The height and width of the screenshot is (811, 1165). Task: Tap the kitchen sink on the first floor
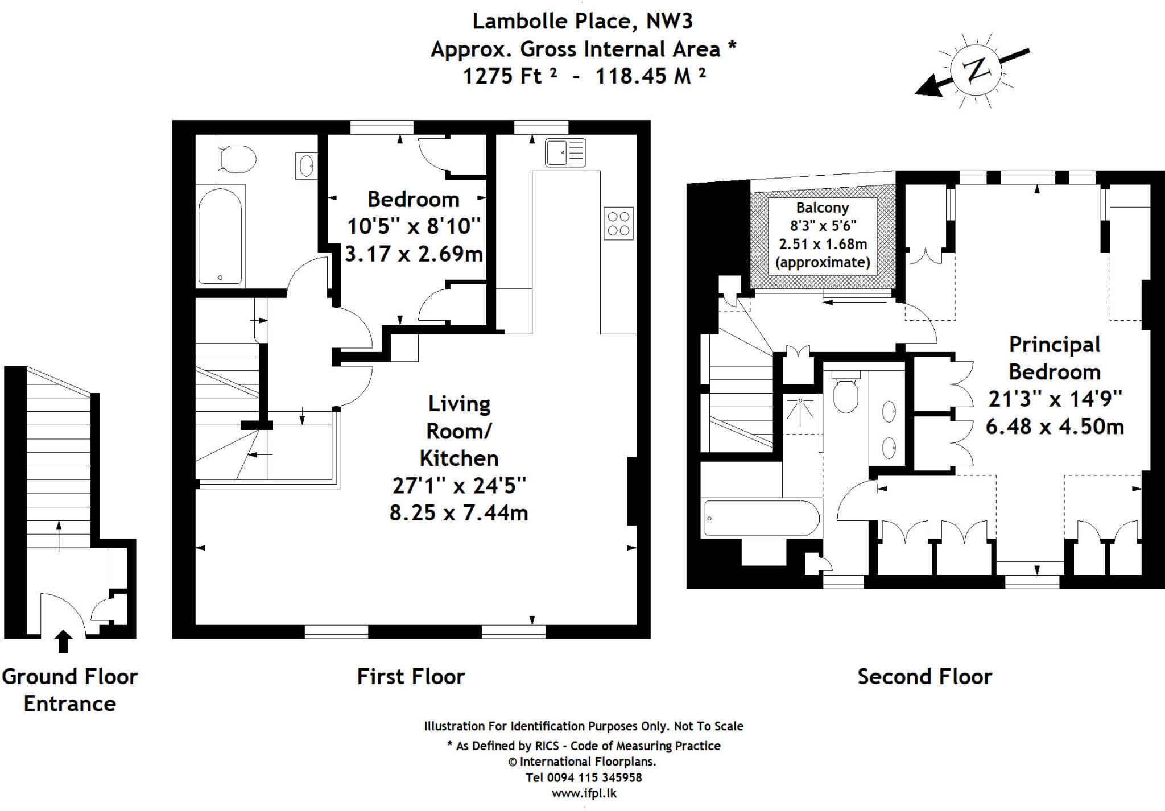[565, 152]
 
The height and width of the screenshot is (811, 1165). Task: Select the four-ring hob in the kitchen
[618, 223]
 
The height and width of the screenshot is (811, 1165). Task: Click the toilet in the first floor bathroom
[237, 159]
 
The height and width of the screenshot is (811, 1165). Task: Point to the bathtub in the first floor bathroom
[220, 235]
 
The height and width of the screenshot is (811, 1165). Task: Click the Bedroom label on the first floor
[413, 200]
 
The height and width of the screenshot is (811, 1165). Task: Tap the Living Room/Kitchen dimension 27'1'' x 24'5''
[458, 486]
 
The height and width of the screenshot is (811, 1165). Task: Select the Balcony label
[822, 208]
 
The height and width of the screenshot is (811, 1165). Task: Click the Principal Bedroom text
[1054, 358]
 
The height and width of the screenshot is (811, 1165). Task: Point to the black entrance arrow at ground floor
[64, 641]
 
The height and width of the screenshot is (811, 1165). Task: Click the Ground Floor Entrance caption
[69, 690]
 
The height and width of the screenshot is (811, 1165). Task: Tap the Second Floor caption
[924, 677]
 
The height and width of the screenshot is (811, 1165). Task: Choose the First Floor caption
[411, 677]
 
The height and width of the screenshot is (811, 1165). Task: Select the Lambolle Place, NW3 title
[582, 22]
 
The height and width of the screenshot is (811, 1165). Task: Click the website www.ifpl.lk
[584, 793]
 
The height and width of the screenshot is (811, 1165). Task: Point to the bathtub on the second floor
[761, 518]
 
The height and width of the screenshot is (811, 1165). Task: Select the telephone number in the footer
[584, 777]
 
